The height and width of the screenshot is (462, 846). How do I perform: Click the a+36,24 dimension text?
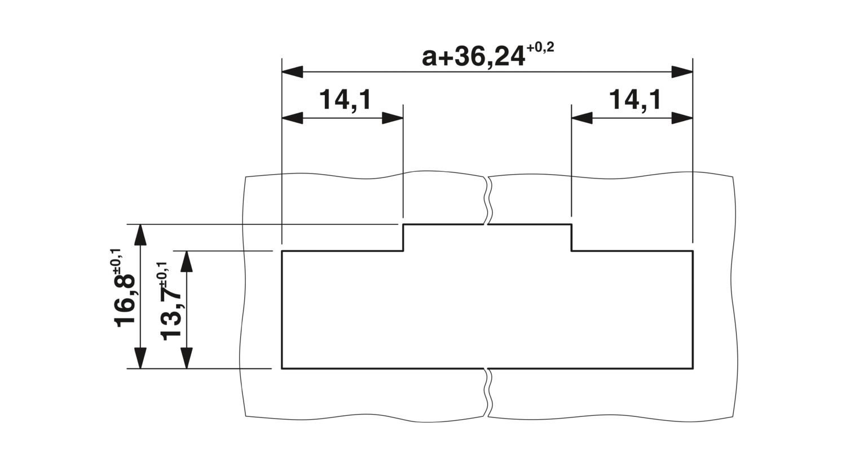click(474, 57)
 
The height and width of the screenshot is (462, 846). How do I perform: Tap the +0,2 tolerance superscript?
click(540, 48)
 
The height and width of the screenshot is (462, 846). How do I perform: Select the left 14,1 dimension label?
click(346, 100)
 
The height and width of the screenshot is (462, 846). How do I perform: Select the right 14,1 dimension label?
click(635, 100)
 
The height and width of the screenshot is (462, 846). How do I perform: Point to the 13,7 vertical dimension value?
click(171, 316)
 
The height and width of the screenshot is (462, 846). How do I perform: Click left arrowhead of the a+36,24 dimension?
click(292, 72)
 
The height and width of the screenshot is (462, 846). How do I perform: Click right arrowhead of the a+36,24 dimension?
click(682, 72)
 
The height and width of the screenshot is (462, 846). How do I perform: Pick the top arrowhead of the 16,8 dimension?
click(140, 234)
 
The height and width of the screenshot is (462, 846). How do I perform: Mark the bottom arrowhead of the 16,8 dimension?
click(140, 358)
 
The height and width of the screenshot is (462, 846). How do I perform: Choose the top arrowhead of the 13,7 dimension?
click(187, 261)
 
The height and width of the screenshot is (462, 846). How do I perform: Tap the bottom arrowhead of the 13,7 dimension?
click(187, 358)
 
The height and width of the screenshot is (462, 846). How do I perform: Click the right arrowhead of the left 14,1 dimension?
click(393, 118)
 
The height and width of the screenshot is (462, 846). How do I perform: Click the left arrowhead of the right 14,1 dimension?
click(582, 118)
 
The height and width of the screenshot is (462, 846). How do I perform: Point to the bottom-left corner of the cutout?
click(282, 368)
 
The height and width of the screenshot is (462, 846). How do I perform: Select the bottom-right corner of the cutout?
click(693, 368)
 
